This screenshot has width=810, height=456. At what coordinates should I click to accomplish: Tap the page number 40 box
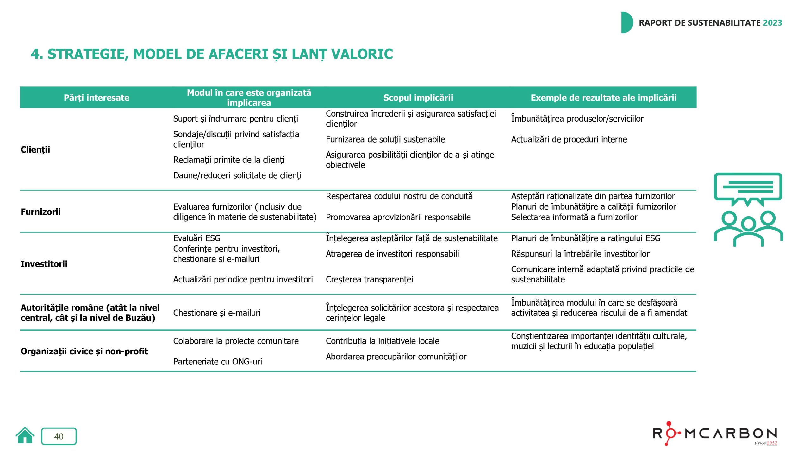(59, 436)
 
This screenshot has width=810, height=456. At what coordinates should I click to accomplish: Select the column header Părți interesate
(97, 98)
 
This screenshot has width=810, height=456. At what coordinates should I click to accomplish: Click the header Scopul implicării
(418, 98)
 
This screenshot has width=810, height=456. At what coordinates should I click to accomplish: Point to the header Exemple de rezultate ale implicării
(603, 98)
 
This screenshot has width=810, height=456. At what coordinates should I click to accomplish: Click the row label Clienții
(35, 149)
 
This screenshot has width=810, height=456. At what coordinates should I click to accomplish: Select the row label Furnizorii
(40, 212)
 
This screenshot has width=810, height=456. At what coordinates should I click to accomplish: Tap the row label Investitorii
(44, 264)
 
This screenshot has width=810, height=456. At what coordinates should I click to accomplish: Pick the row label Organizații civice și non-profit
(84, 351)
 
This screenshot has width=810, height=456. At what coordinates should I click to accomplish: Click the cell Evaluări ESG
(197, 238)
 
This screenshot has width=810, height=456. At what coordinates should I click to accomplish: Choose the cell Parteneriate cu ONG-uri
(217, 361)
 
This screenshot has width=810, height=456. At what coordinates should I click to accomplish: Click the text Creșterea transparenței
(369, 279)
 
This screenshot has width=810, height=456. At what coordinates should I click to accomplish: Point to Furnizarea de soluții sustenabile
(385, 139)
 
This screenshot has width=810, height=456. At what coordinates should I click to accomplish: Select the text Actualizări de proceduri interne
(569, 139)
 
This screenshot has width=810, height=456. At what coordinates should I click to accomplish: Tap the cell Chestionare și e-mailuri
(217, 313)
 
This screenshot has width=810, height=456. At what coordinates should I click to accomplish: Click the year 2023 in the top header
(772, 23)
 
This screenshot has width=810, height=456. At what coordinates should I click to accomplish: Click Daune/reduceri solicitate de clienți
(237, 175)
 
